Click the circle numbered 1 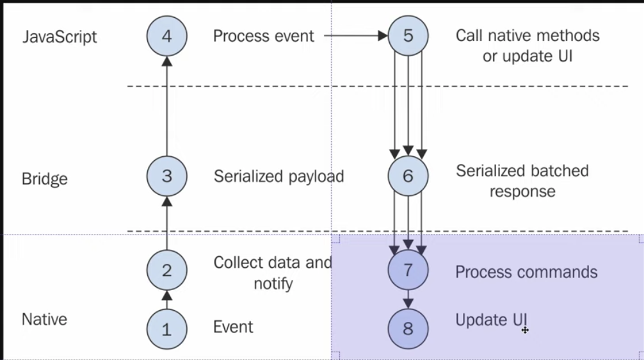click(166, 329)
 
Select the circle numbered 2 click(166, 270)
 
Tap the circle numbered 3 click(166, 176)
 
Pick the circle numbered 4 click(166, 36)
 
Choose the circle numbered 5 click(408, 36)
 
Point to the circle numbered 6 click(408, 176)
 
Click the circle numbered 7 click(408, 270)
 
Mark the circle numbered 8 click(408, 329)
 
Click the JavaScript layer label click(60, 37)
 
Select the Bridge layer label click(44, 179)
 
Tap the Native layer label click(44, 319)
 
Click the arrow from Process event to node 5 click(356, 36)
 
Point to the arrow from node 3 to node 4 click(166, 106)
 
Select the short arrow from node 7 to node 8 click(408, 299)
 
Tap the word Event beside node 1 click(233, 327)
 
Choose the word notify click(273, 283)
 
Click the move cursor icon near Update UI click(525, 330)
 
